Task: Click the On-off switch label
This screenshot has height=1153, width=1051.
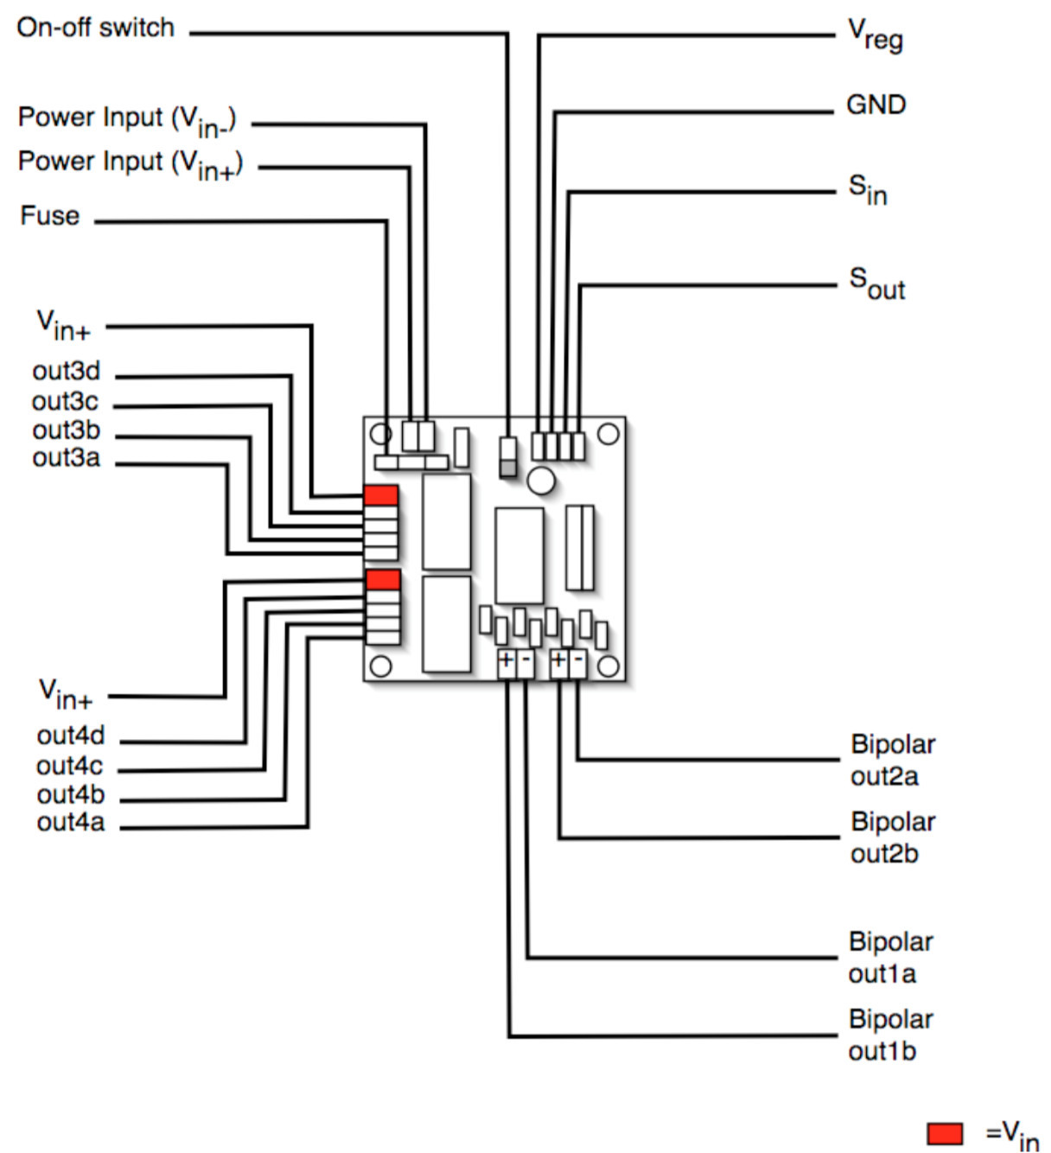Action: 95,28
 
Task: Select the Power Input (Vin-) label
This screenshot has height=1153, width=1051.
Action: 127,120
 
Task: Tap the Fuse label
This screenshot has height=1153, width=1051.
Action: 50,215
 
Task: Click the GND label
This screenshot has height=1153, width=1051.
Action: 876,105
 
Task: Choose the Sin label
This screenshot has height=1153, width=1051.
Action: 868,189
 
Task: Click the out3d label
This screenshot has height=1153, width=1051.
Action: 67,371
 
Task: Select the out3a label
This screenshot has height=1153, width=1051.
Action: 67,457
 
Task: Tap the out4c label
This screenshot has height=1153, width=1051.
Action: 69,766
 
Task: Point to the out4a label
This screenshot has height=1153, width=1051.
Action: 70,822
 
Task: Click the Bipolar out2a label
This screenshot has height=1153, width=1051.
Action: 892,760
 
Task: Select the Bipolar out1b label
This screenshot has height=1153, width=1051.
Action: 890,1035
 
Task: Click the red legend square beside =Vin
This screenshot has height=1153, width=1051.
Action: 945,1133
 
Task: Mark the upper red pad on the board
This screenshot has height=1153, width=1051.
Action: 381,495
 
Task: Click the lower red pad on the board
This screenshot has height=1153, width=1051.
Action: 383,579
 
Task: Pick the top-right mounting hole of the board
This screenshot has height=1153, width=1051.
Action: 608,434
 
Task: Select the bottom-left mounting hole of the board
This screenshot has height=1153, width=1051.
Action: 380,666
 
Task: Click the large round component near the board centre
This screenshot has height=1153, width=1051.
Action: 541,481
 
